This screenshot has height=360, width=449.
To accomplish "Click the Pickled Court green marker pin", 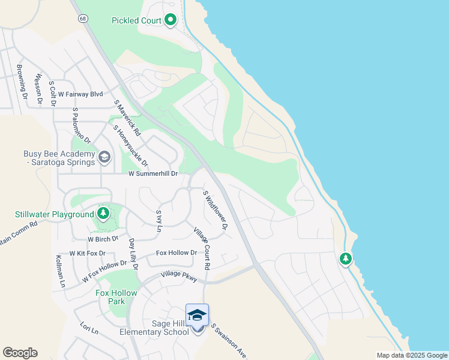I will [x=170, y=20].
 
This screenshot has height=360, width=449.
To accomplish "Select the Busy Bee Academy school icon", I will [x=104, y=157].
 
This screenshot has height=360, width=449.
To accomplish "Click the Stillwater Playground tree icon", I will [x=103, y=213].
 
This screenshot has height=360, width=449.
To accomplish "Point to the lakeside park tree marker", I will [x=345, y=259].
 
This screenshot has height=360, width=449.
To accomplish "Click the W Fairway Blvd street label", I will [x=80, y=94].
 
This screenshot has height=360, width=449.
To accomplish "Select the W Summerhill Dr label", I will [x=154, y=174].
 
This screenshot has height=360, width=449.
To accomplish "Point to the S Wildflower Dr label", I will [x=215, y=210].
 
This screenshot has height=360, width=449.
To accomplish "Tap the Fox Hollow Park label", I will [x=116, y=297].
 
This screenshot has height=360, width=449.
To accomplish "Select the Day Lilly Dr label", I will [x=134, y=254].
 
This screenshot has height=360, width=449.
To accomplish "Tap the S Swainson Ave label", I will [x=229, y=341].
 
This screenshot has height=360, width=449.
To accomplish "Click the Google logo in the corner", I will [x=20, y=353].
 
